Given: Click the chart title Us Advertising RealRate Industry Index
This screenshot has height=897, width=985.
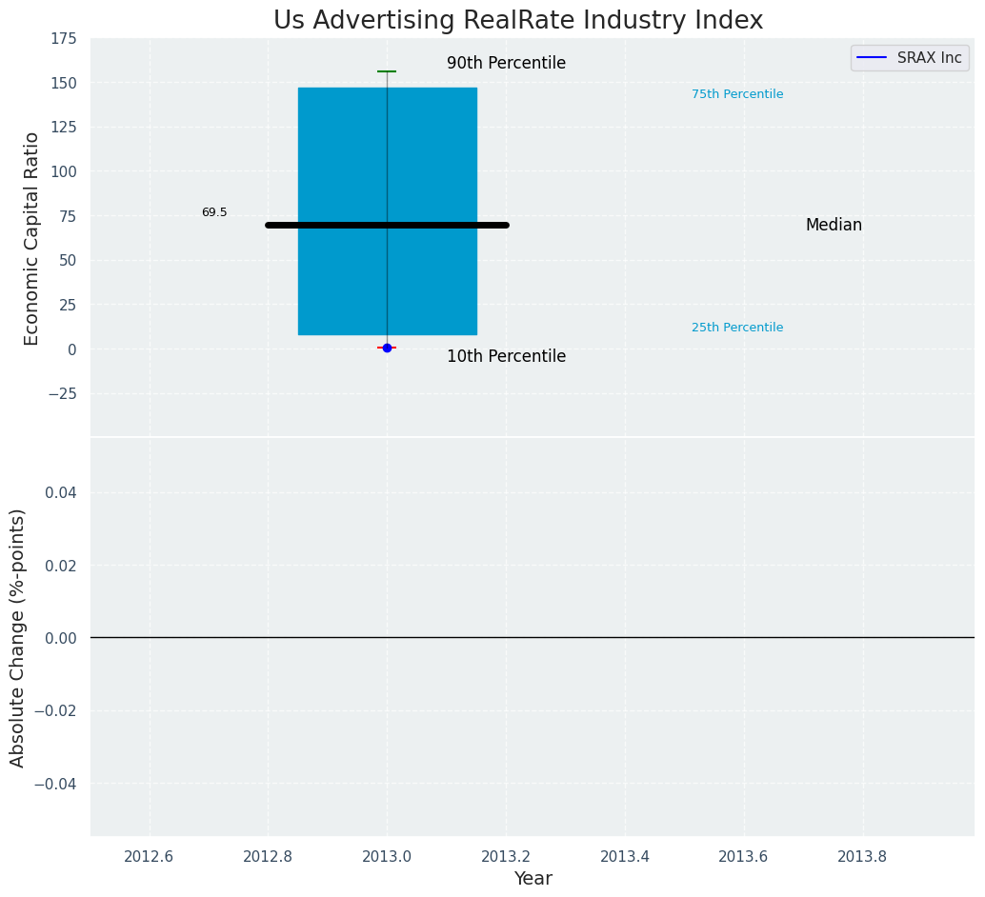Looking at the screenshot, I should [x=518, y=21].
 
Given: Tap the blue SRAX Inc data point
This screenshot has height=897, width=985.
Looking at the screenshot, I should [x=387, y=348].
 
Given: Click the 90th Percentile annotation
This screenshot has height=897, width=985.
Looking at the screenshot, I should [x=506, y=64].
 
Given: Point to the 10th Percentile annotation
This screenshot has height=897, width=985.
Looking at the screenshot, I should [x=506, y=357].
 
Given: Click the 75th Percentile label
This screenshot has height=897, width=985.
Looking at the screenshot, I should [x=737, y=94].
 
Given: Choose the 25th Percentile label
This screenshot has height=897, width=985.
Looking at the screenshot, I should [x=737, y=328].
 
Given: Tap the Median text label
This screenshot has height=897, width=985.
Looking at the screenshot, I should [x=834, y=226].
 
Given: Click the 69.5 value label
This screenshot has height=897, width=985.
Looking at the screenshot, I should [x=214, y=212].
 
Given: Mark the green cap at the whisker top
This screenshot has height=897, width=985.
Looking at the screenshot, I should [x=387, y=71].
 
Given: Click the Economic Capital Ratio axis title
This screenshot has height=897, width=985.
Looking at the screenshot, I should [x=32, y=238].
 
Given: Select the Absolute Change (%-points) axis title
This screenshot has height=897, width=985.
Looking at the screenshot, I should [x=18, y=637].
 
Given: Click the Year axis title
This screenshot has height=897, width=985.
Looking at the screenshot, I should [x=533, y=879].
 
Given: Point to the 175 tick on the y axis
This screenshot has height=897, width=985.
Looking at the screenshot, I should [x=64, y=39].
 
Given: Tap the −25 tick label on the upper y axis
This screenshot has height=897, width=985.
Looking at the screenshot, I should [x=60, y=393].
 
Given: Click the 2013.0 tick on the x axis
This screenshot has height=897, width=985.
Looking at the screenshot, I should [x=387, y=856].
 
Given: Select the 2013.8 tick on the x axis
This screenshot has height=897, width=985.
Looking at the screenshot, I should [x=862, y=856].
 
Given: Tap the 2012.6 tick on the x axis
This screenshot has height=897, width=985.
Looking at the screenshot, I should [x=149, y=856].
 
